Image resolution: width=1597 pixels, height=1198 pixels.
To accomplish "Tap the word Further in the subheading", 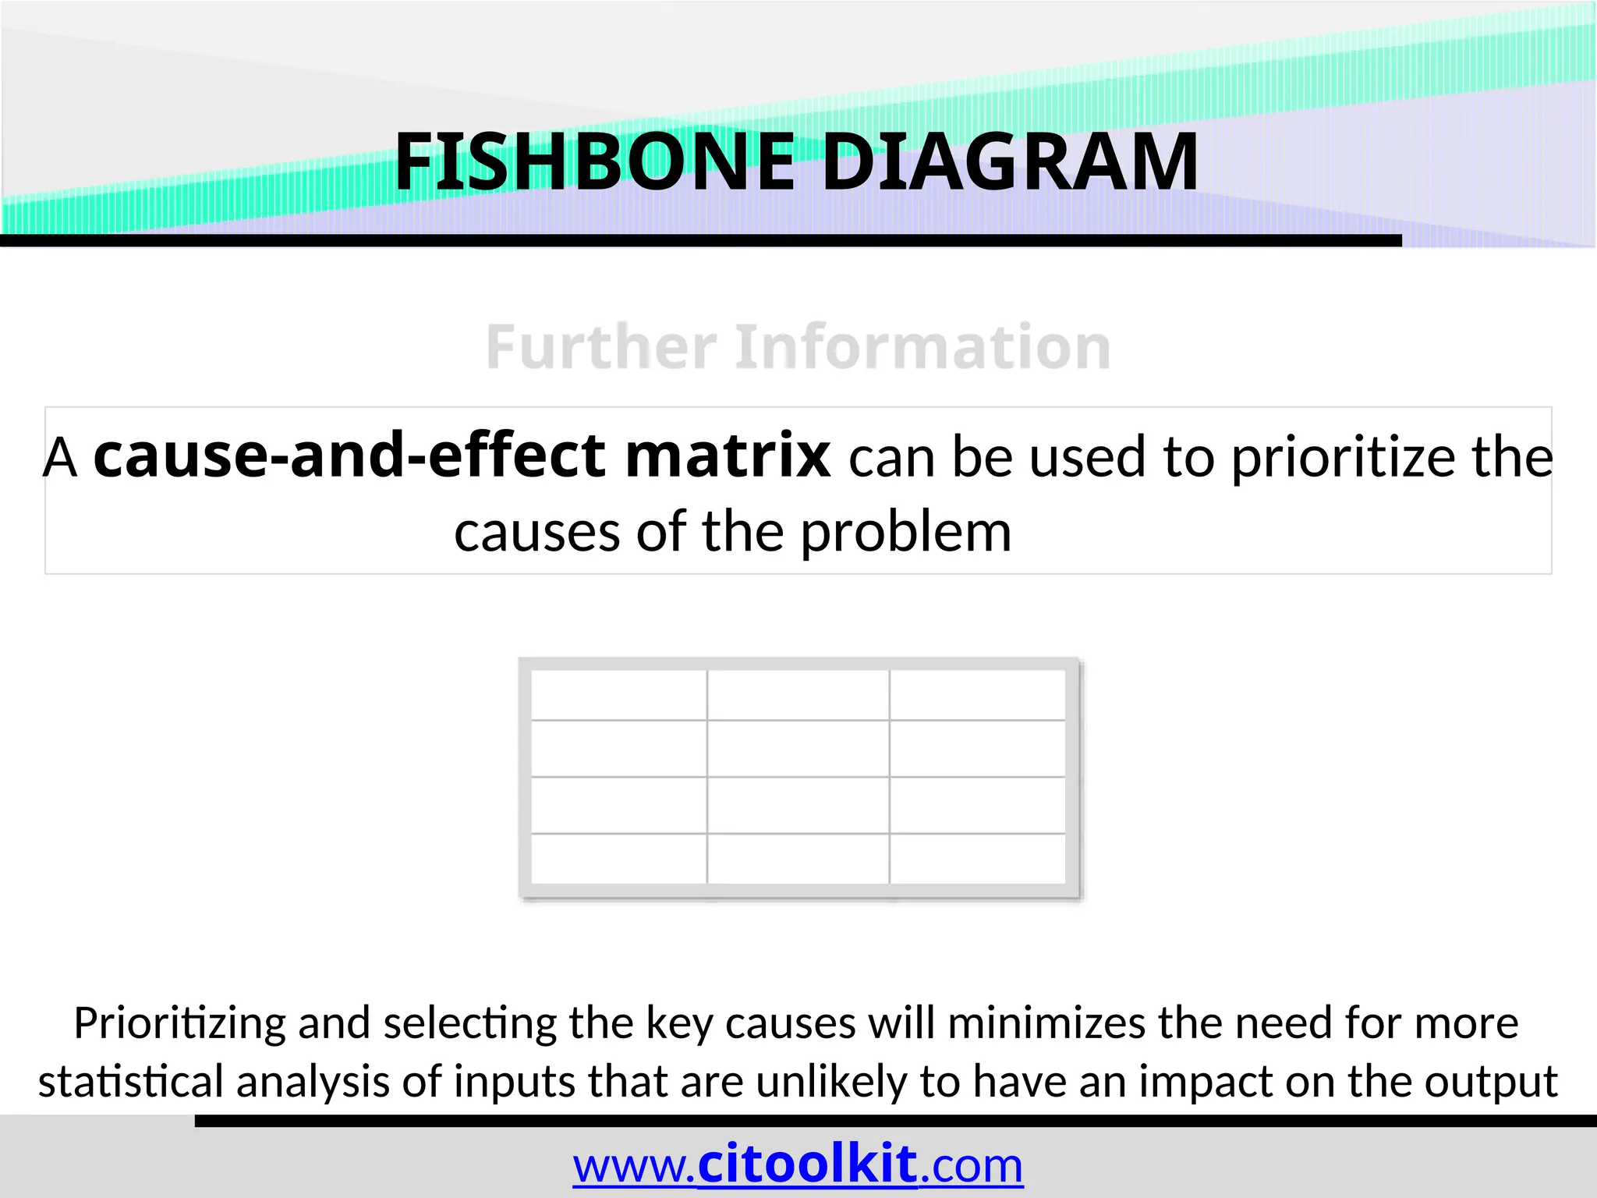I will tap(601, 347).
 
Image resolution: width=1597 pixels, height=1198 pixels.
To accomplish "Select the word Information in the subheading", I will tap(922, 347).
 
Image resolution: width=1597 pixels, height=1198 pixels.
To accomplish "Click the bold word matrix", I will tap(727, 455).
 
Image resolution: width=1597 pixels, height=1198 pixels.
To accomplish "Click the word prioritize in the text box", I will tap(1344, 457).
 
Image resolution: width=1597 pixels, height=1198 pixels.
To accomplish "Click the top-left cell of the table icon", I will tap(619, 695).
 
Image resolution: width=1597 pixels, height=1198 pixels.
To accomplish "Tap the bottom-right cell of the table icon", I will tap(977, 859).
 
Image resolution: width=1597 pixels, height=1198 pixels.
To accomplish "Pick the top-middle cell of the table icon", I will tap(798, 695).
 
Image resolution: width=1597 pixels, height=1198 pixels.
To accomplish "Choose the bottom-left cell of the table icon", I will tap(619, 859).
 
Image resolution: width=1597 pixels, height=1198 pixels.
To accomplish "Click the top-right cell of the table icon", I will tap(977, 695).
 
